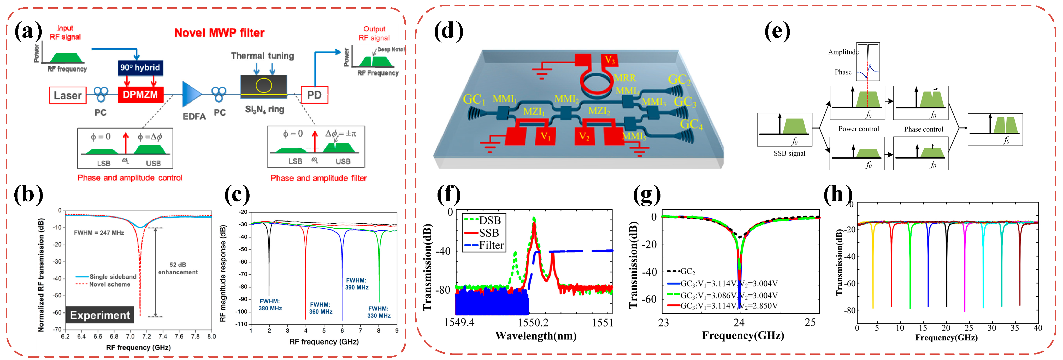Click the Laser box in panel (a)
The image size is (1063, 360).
pyautogui.click(x=68, y=95)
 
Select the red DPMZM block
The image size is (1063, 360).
pyautogui.click(x=140, y=95)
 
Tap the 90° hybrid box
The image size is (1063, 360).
pyautogui.click(x=140, y=68)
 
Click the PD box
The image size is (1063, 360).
pyautogui.click(x=315, y=95)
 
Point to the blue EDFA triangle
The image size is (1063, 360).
pyautogui.click(x=191, y=95)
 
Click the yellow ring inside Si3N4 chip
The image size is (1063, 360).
pyautogui.click(x=264, y=85)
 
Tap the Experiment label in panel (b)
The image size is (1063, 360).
pyautogui.click(x=100, y=315)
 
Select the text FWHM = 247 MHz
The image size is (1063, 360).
pyautogui.click(x=99, y=233)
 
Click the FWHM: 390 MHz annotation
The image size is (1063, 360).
pyautogui.click(x=357, y=284)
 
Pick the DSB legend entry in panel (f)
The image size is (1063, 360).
pyautogui.click(x=483, y=220)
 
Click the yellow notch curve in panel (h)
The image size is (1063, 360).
pyautogui.click(x=873, y=268)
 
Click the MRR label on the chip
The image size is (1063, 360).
pyautogui.click(x=625, y=78)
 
